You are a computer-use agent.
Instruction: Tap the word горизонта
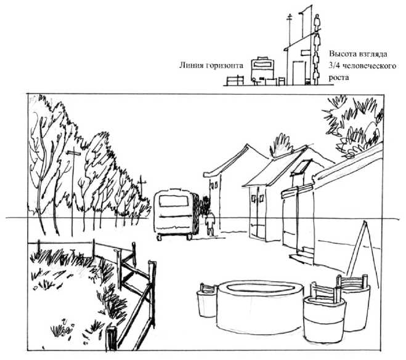(x=225, y=66)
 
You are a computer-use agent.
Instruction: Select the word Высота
(x=343, y=54)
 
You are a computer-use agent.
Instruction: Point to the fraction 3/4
(x=335, y=66)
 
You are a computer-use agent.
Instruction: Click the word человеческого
(x=369, y=66)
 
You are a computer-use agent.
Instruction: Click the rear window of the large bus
(x=174, y=201)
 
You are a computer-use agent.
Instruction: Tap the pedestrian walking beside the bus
(x=210, y=223)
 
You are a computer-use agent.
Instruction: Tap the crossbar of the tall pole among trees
(x=73, y=153)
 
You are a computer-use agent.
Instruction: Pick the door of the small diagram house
(x=299, y=73)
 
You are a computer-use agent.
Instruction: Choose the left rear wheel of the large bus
(x=160, y=237)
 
